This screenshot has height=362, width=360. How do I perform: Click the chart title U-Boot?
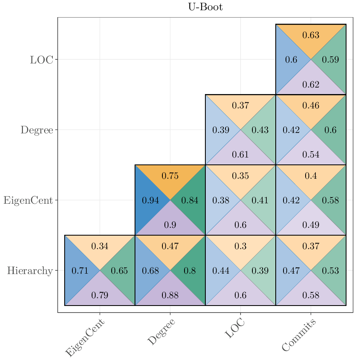coord(205,7)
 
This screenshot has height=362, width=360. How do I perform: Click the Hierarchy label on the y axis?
coord(30,271)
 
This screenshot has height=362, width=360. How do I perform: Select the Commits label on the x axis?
coord(299,335)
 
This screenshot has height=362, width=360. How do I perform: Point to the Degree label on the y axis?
coord(37,130)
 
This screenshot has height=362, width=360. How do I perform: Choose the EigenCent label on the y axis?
coord(28,200)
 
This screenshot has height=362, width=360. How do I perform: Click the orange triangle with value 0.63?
coord(311,35)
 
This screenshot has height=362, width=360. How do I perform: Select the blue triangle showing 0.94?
coord(150,200)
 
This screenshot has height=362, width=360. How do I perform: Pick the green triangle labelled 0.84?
coord(190,200)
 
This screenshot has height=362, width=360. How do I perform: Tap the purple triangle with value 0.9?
coord(170,225)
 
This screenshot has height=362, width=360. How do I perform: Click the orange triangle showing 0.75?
coord(170,176)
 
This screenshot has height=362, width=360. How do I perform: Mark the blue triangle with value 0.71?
coord(80,271)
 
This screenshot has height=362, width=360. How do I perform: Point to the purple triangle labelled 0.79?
coord(100,295)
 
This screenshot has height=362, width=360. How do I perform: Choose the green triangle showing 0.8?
coord(190,271)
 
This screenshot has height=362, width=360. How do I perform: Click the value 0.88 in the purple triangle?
coord(170,295)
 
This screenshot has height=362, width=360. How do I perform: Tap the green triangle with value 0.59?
coord(331,60)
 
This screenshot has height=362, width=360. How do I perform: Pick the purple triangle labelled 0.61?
coord(241,155)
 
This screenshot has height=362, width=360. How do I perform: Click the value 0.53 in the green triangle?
coord(331,271)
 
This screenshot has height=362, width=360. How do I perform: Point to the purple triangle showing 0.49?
coord(311,225)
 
